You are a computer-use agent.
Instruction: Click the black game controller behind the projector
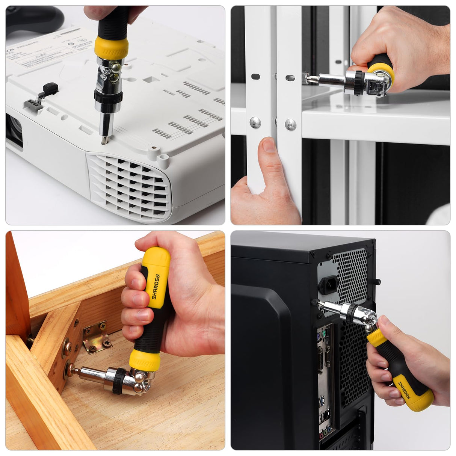click(34, 19)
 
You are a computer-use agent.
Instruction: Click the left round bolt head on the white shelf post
click(255, 122)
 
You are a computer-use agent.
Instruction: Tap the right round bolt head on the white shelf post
click(290, 124)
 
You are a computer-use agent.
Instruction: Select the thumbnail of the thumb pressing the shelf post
click(269, 146)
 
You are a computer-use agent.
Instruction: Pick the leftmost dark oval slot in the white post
click(255, 77)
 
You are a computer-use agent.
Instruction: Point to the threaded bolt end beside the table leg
click(30, 340)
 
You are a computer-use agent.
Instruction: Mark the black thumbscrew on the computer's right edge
click(377, 281)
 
